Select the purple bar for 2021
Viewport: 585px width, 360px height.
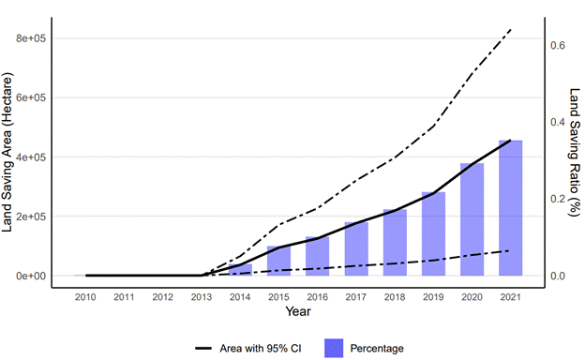point(510,208)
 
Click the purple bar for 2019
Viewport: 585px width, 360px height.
point(433,234)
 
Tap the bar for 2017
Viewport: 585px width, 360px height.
point(356,248)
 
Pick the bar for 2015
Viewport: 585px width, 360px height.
point(279,261)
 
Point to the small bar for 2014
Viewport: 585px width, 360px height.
point(240,270)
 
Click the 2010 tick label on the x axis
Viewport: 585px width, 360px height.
point(85,297)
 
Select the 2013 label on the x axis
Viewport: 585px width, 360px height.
point(202,297)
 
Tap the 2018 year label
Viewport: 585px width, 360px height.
point(395,297)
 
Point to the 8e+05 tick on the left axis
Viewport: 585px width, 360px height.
point(31,38)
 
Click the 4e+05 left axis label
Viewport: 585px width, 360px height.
point(31,157)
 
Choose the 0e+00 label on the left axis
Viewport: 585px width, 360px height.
point(31,276)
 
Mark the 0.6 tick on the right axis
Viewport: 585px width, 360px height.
point(558,45)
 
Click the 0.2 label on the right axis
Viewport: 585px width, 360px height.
point(558,199)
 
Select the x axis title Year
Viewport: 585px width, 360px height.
point(298,311)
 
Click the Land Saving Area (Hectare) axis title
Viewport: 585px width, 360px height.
point(7,152)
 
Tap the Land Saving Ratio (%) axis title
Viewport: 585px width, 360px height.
point(575,152)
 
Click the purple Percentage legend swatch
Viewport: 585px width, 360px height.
point(334,349)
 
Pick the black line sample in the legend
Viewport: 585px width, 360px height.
point(203,349)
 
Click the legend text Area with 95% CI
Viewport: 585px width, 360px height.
point(261,349)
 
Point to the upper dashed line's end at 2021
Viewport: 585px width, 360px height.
point(510,29)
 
